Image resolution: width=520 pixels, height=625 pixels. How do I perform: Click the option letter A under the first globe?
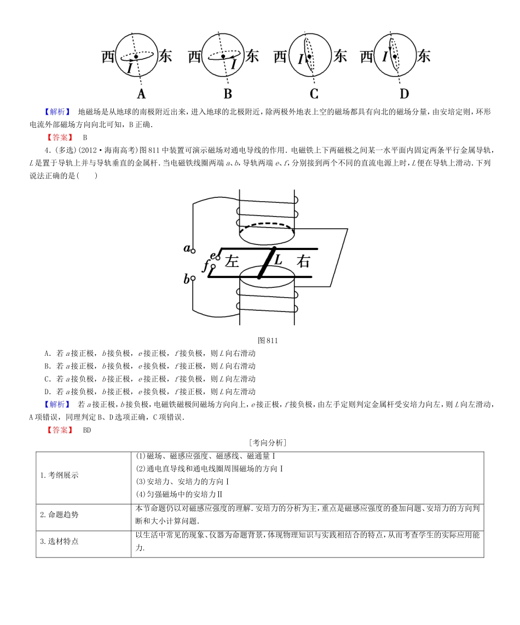[141, 93]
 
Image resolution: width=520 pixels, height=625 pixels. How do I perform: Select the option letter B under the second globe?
[228, 93]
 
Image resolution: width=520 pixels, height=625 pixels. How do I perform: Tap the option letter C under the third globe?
[314, 93]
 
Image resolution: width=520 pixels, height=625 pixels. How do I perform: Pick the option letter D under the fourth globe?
[404, 93]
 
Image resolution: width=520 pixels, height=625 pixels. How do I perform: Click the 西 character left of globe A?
[108, 56]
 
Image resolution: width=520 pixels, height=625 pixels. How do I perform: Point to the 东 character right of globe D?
[423, 56]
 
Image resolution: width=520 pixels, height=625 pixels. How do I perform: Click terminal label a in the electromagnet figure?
[187, 248]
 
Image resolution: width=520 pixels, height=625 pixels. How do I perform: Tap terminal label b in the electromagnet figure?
[187, 279]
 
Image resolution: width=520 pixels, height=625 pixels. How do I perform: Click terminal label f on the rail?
[206, 266]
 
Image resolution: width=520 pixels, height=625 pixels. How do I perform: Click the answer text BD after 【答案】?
[88, 430]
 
